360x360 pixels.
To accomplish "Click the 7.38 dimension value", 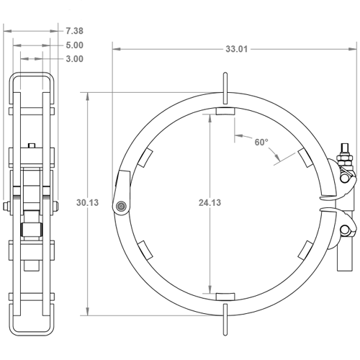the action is pos(75,31).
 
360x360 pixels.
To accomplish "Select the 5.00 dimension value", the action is pos(75,45).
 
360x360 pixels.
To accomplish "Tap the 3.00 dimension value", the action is pos(75,59).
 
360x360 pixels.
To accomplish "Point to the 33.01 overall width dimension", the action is pos(236,49).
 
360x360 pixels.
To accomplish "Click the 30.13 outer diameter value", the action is pos(87,202).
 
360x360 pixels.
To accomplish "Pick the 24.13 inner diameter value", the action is pos(210,202).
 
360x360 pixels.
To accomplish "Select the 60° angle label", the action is pos(261,142).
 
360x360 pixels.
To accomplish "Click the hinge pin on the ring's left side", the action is pos(121,206).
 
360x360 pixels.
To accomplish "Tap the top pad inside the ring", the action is pos(225,112).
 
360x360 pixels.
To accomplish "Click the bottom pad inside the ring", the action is pos(225,297).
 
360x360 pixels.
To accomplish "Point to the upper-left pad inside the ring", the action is pos(145,158).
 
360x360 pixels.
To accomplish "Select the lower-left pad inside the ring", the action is pos(145,251).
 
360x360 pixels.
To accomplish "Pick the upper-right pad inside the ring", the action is pos(305,158).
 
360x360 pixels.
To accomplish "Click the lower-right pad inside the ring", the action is pos(305,251).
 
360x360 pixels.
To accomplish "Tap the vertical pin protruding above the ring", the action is pos(225,89).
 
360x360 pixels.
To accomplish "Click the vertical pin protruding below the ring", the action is pos(225,320).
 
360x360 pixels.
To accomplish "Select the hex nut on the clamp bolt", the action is pos(345,158).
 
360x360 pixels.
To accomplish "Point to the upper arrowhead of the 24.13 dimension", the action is pos(210,118).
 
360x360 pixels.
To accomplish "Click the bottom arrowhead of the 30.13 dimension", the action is pos(88,311).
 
